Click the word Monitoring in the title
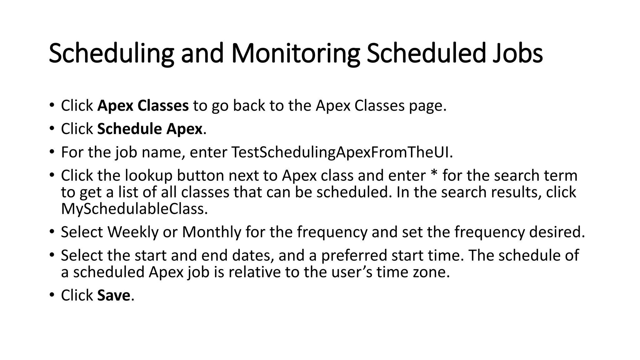pyautogui.click(x=295, y=53)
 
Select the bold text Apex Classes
pyautogui.click(x=143, y=106)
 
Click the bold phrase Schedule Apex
pyautogui.click(x=150, y=129)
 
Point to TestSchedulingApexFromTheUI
pyautogui.click(x=342, y=152)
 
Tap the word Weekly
pyautogui.click(x=133, y=232)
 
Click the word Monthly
pyautogui.click(x=212, y=232)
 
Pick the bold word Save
pyautogui.click(x=113, y=295)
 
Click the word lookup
pyautogui.click(x=149, y=176)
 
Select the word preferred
pyautogui.click(x=354, y=256)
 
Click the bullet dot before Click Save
pyautogui.click(x=52, y=295)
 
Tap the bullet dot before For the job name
pyautogui.click(x=52, y=152)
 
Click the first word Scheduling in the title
pyautogui.click(x=111, y=53)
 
